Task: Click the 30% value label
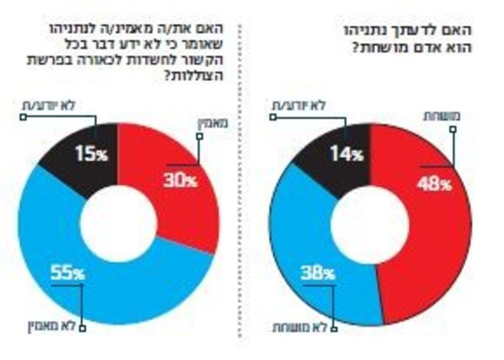pyautogui.click(x=180, y=180)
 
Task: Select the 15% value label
pyautogui.click(x=90, y=155)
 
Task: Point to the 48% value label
pyautogui.click(x=434, y=184)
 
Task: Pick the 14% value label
pyautogui.click(x=347, y=155)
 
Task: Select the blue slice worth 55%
pyautogui.click(x=120, y=293)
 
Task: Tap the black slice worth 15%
pyautogui.click(x=73, y=146)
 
